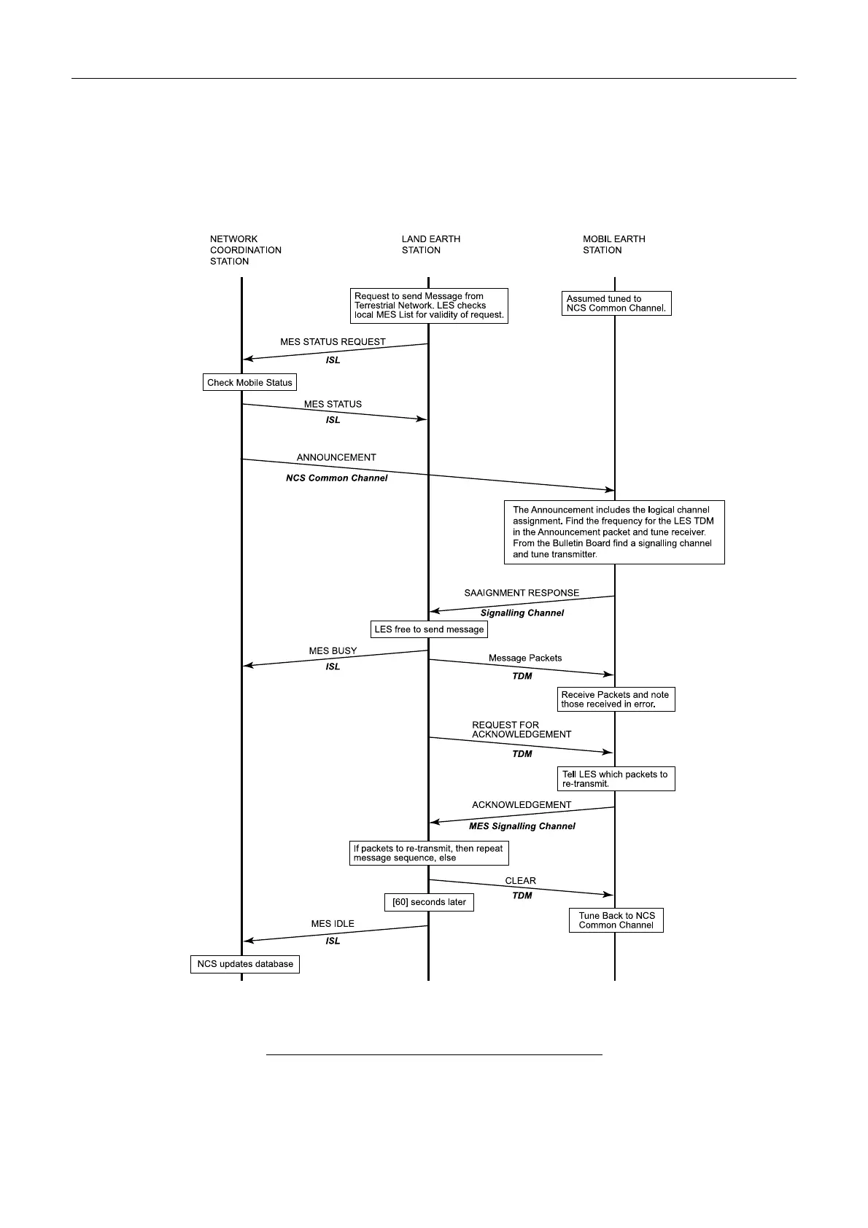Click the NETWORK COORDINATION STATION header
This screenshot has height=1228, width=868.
point(245,250)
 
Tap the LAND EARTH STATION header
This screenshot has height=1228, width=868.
point(430,244)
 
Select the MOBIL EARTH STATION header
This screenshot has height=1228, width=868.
point(613,244)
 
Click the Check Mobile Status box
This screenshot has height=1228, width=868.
point(249,382)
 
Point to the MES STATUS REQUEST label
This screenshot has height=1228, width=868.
point(333,342)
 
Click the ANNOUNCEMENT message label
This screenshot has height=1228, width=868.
point(336,458)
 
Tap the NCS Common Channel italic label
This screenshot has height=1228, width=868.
point(336,478)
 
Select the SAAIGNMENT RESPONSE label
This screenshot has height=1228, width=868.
point(522,593)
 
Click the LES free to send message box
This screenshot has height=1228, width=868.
point(429,629)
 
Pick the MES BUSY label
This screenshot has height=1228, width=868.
point(333,651)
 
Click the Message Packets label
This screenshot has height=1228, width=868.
point(525,658)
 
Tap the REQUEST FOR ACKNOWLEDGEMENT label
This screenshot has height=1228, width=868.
point(522,730)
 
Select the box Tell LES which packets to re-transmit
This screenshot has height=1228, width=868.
point(615,779)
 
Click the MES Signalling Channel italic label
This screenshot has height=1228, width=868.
point(522,826)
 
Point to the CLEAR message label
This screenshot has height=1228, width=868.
point(520,881)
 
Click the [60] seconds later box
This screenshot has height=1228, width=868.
point(429,902)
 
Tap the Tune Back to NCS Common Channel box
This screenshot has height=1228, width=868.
point(616,920)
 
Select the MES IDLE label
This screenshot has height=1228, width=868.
point(333,924)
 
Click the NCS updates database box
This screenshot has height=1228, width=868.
point(245,964)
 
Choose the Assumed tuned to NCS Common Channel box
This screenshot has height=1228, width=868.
point(616,303)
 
